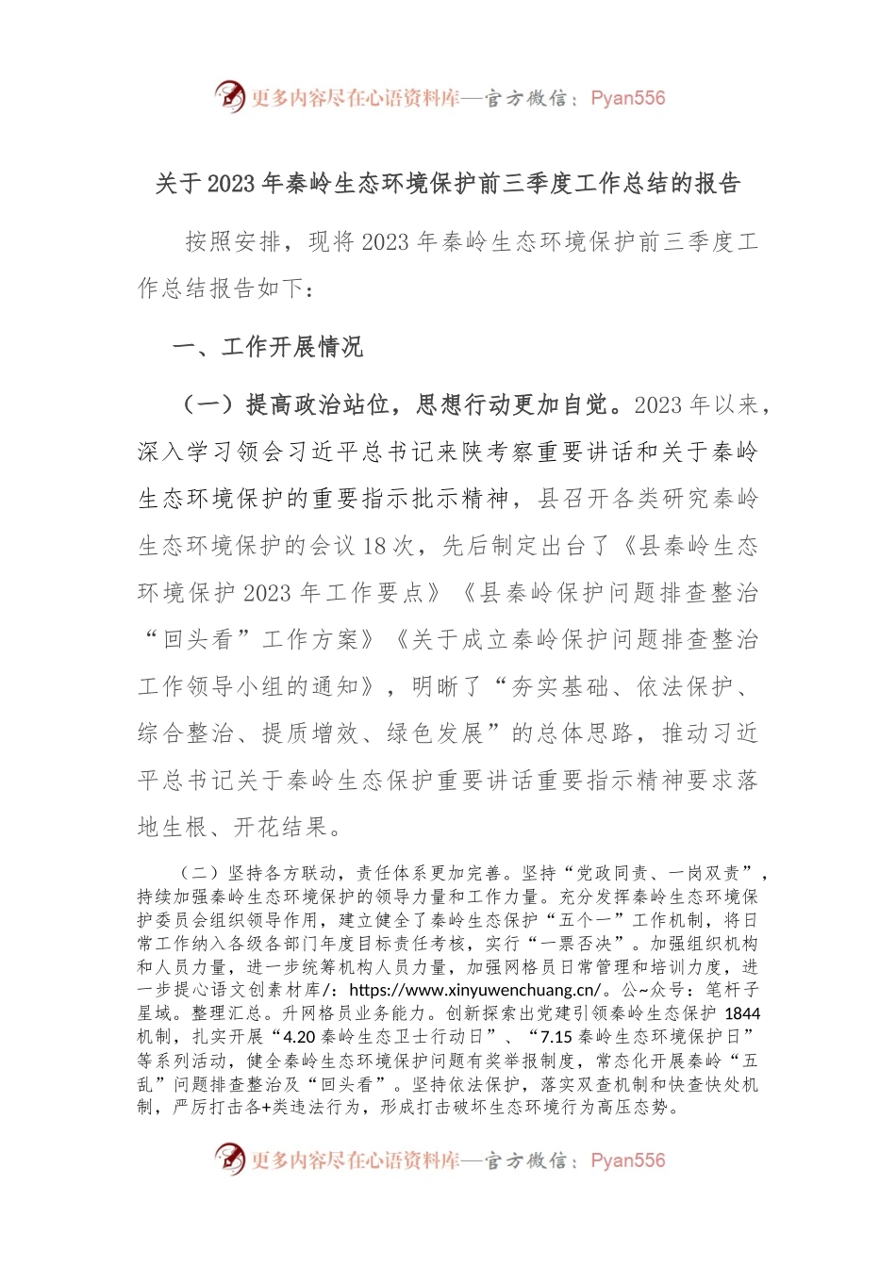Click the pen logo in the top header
point(230,97)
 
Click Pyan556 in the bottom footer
point(628,1160)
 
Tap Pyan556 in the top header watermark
point(628,98)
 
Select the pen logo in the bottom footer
point(230,1160)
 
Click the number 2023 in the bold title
point(231,184)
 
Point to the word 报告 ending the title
point(718,184)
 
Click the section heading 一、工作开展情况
point(268,347)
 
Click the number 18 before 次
point(374,546)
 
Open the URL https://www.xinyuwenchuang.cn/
point(474,990)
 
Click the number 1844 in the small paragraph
point(742,1013)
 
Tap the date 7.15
point(556,1037)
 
